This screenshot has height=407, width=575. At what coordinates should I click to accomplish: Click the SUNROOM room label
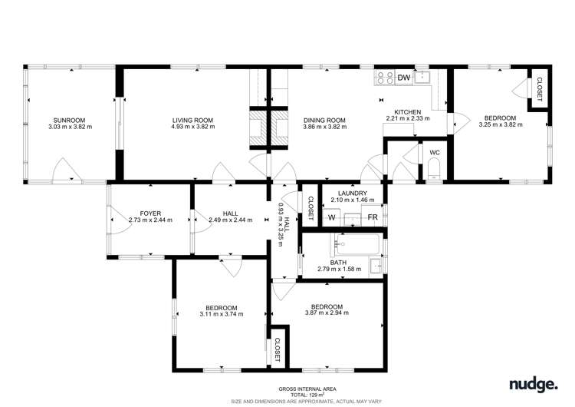click(68, 120)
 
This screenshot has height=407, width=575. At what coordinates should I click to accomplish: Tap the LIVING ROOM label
click(192, 120)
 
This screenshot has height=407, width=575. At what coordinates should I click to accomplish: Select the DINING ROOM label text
click(325, 120)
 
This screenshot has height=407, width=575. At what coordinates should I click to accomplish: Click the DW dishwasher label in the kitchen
click(403, 78)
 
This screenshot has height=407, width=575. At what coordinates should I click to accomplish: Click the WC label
click(434, 153)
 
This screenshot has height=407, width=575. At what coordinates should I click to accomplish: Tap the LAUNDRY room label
click(352, 193)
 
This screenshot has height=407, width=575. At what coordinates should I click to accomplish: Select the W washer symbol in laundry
click(332, 217)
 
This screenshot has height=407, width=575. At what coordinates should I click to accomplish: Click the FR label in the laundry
click(372, 217)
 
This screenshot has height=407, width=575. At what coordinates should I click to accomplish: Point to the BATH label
click(339, 262)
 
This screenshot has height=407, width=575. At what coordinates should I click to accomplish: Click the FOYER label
click(149, 213)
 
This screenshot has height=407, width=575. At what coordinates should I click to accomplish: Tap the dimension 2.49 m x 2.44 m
click(230, 220)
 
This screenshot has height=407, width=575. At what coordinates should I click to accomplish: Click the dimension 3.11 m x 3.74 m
click(221, 313)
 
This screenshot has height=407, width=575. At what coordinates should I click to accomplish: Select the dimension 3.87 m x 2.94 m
click(327, 313)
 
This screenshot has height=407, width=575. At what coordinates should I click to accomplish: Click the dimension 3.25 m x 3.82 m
click(499, 125)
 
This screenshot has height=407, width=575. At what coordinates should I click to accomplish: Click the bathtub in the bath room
click(356, 247)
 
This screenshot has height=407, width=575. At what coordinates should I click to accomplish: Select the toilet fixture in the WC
click(434, 175)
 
